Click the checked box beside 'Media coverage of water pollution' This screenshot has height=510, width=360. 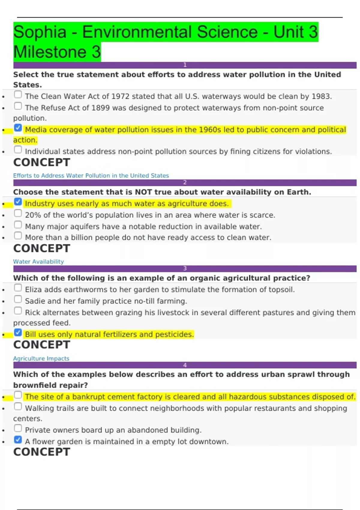18,128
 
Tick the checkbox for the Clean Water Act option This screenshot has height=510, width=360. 18,95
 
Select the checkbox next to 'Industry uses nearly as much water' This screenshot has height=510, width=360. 18,202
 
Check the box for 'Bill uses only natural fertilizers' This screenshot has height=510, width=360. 18,333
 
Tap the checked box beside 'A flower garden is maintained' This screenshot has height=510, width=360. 18,440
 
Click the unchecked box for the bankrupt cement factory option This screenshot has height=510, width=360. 18,395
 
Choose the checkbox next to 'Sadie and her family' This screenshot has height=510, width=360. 18,299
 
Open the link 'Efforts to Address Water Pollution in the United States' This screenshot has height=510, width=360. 91,175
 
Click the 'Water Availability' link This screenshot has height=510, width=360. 38,262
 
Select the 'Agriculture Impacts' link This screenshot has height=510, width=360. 41,358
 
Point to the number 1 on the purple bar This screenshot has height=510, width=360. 185,65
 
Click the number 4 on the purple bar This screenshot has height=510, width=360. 185,365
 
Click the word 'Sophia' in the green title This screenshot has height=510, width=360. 40,32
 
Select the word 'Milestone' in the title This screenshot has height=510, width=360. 50,52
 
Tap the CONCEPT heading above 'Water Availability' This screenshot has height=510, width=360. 42,248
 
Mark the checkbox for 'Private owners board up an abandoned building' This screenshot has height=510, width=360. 18,428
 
